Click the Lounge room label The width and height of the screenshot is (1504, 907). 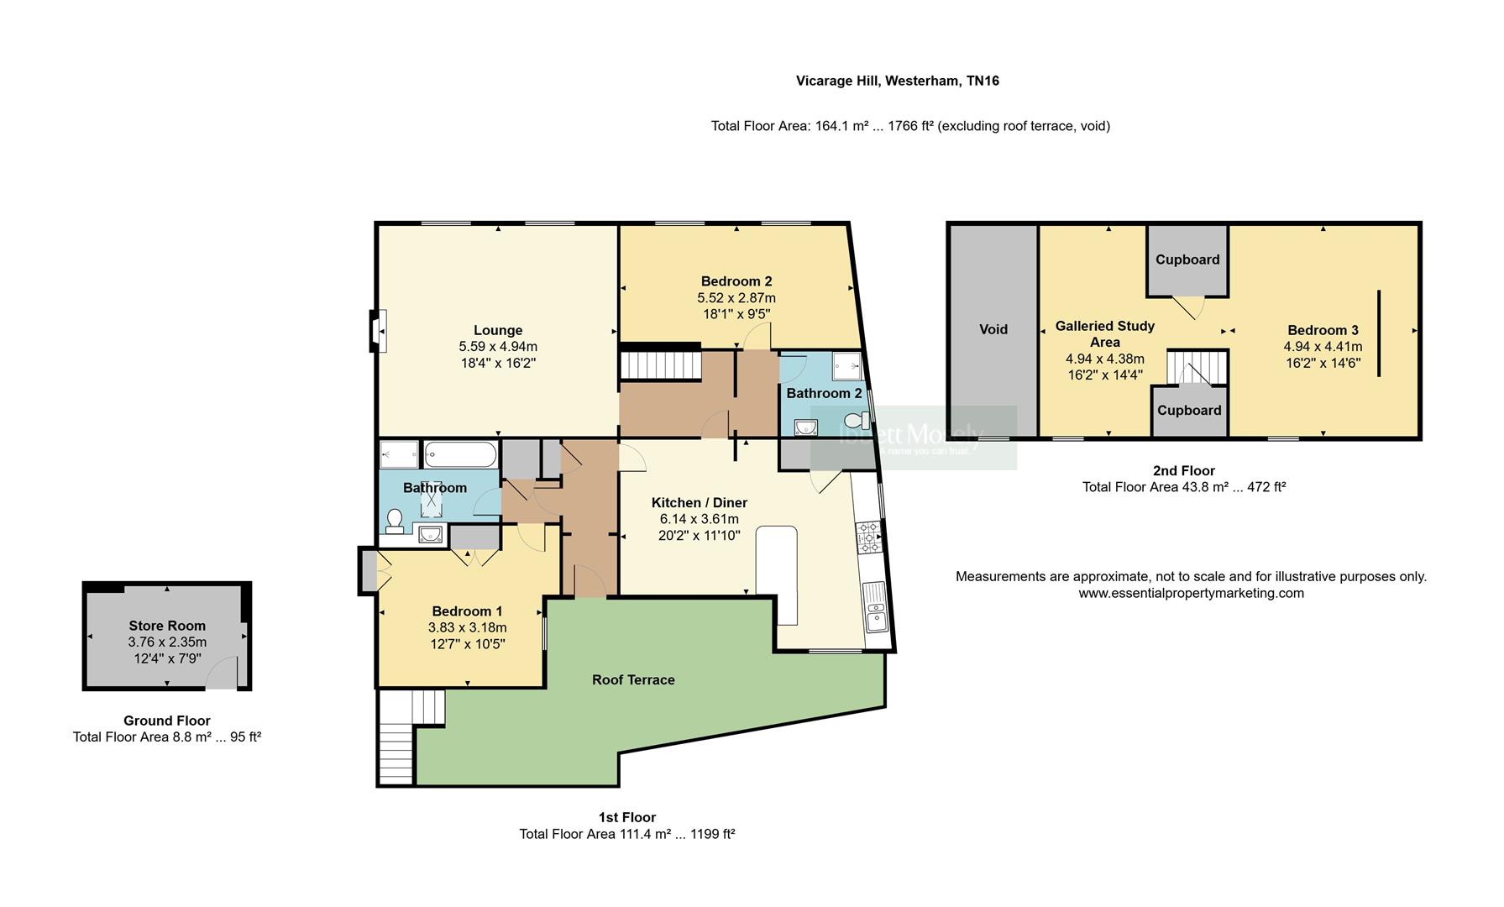497,330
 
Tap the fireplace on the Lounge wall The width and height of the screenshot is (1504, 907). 379,331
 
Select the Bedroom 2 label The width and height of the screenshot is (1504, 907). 736,281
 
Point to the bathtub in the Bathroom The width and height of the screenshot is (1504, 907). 459,455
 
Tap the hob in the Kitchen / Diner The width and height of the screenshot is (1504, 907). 868,537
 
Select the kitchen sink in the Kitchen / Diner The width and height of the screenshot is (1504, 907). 875,606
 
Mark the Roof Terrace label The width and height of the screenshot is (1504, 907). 633,679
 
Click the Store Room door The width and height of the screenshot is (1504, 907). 222,674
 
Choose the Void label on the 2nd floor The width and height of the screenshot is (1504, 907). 993,329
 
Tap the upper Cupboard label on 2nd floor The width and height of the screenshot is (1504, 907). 1187,260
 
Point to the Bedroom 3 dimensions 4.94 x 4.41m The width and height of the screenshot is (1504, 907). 1323,347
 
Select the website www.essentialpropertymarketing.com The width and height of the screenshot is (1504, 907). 1191,593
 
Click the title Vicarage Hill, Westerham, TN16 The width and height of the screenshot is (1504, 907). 897,81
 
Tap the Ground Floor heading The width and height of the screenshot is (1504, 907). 166,721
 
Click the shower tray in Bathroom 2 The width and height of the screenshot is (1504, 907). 846,366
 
